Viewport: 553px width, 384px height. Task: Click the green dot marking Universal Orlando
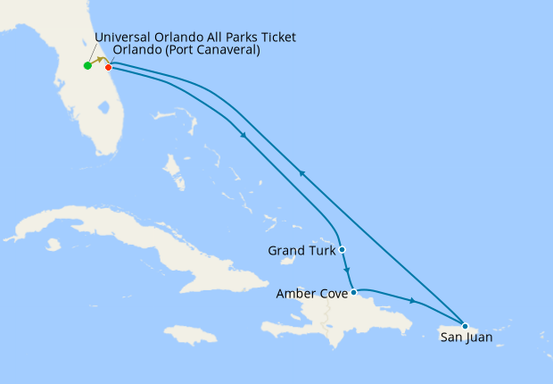[87, 65]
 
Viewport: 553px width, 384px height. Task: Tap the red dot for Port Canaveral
[109, 67]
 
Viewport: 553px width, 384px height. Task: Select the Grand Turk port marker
[342, 250]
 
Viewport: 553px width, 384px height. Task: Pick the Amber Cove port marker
[354, 292]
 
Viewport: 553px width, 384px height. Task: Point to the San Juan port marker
[465, 325]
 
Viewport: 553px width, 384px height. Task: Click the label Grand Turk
[301, 251]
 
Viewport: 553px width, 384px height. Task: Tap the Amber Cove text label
[312, 293]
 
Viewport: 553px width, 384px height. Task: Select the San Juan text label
[466, 338]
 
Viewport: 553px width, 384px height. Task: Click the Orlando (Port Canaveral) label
[186, 51]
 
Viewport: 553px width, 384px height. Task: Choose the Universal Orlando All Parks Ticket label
[194, 37]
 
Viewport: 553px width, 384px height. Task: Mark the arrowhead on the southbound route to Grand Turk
[243, 135]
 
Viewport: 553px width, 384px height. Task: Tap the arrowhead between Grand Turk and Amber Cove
[347, 272]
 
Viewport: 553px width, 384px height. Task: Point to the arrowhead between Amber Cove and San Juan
[413, 300]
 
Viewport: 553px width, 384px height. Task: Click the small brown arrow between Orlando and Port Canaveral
[102, 61]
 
